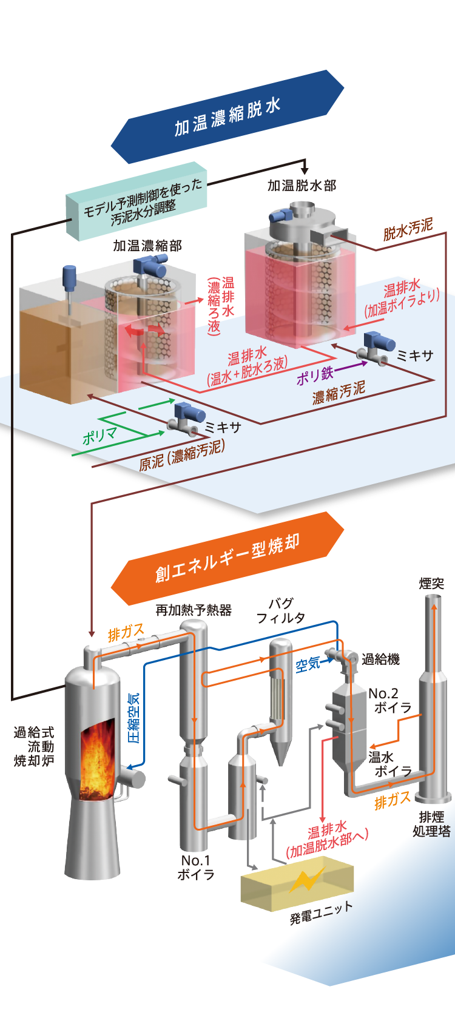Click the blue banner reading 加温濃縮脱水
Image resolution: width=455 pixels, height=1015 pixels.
(x=227, y=116)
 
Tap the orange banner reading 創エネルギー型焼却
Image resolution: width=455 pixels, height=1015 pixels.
(x=227, y=558)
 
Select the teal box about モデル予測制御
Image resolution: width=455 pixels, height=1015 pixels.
(x=136, y=201)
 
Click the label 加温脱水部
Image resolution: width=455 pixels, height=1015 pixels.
(x=302, y=185)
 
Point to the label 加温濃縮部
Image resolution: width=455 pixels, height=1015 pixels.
(x=147, y=246)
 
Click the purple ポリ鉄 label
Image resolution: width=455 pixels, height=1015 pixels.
(x=314, y=375)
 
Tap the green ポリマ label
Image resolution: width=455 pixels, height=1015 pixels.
(x=99, y=436)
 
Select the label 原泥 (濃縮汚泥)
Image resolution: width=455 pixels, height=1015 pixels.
(x=182, y=455)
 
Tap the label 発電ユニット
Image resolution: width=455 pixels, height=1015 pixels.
(x=322, y=912)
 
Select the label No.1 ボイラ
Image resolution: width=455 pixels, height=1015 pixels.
(x=196, y=868)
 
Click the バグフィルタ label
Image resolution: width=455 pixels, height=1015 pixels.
(x=281, y=610)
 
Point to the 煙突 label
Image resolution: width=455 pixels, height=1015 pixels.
(x=431, y=584)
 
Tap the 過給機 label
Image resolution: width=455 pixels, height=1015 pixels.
(x=380, y=659)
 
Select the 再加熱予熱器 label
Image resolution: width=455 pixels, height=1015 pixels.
(x=194, y=610)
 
